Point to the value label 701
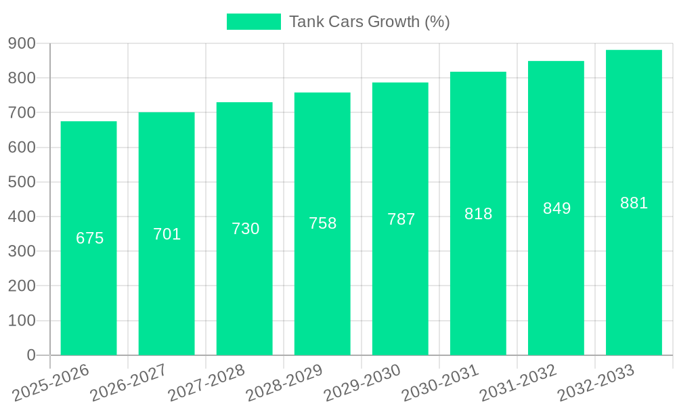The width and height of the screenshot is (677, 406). [167, 234]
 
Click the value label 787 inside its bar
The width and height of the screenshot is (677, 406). [401, 219]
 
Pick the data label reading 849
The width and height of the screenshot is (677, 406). [556, 208]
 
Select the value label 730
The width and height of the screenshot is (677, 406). [245, 229]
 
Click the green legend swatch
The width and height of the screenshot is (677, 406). [253, 22]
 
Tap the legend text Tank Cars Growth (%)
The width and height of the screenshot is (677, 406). [369, 22]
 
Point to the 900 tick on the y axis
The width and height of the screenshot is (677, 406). [22, 43]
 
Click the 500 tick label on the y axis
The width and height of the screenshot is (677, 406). [22, 182]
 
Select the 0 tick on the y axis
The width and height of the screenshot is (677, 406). [31, 355]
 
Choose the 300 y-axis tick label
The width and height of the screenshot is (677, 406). [22, 251]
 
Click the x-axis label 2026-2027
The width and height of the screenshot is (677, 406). [129, 382]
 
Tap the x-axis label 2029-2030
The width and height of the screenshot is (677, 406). [362, 382]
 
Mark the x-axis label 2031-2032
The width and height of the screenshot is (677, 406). [518, 382]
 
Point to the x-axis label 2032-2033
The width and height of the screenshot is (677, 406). [596, 382]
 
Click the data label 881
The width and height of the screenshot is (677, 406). [634, 203]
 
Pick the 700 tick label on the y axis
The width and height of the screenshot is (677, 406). [22, 112]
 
